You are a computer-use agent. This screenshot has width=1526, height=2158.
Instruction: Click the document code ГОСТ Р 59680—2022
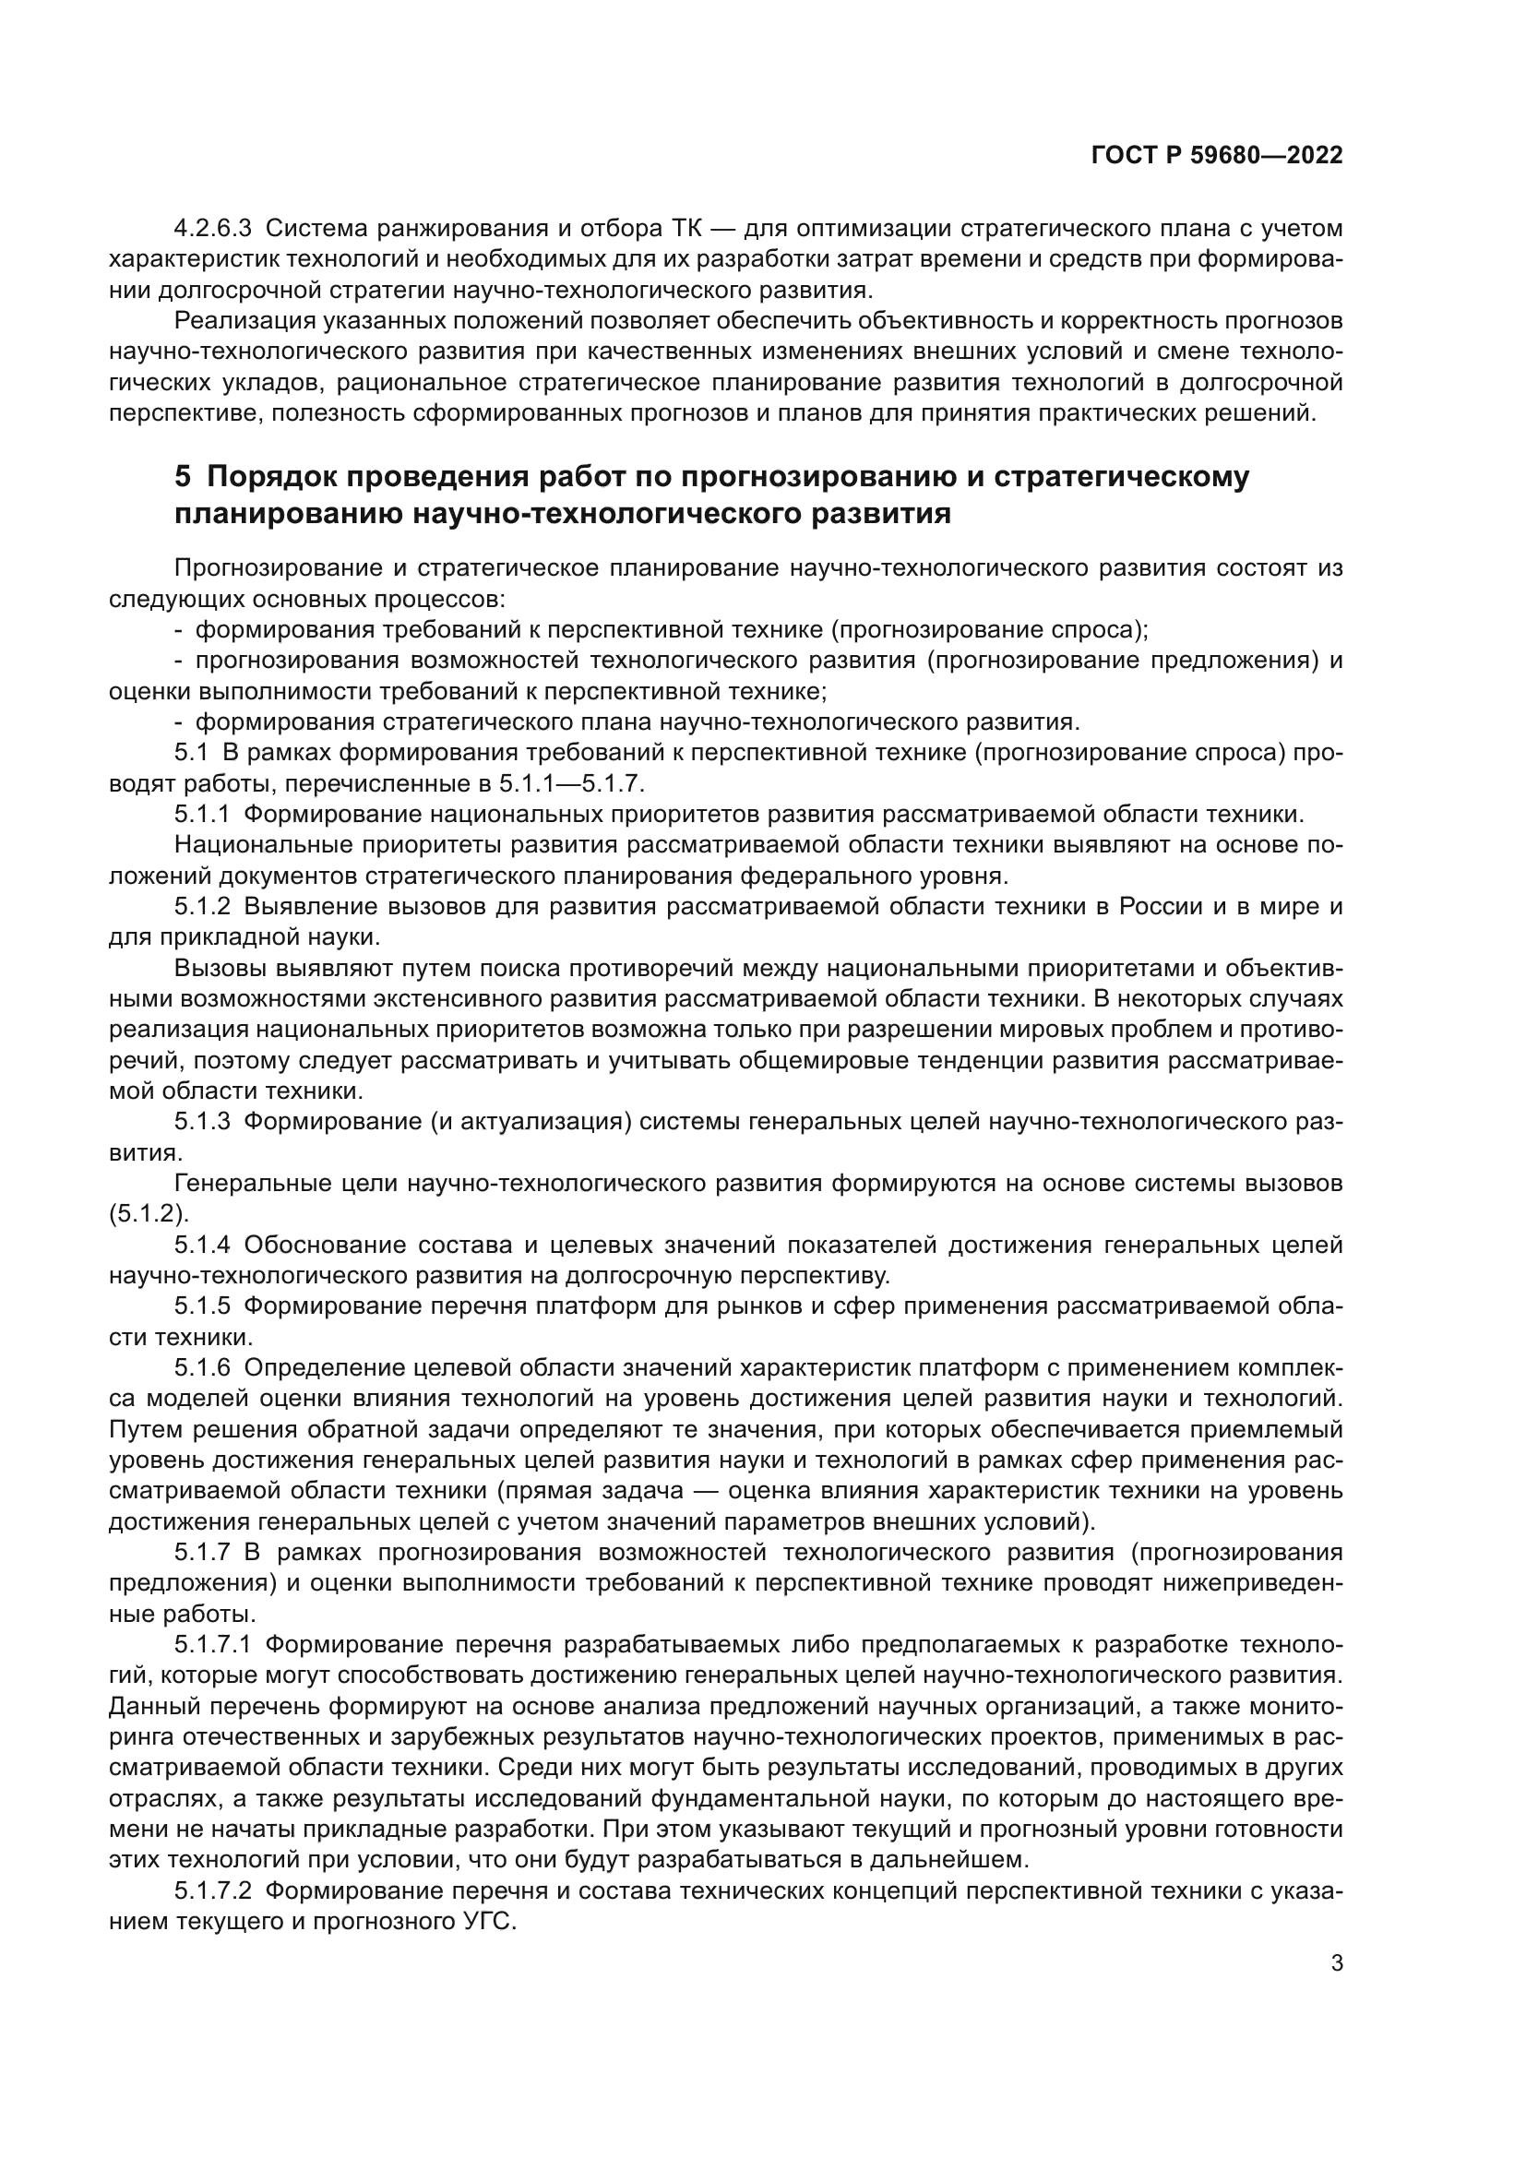pos(1217,156)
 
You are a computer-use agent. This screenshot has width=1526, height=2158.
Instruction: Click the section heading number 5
pos(183,479)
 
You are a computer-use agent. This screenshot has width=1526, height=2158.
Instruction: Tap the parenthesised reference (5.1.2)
pos(149,1214)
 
